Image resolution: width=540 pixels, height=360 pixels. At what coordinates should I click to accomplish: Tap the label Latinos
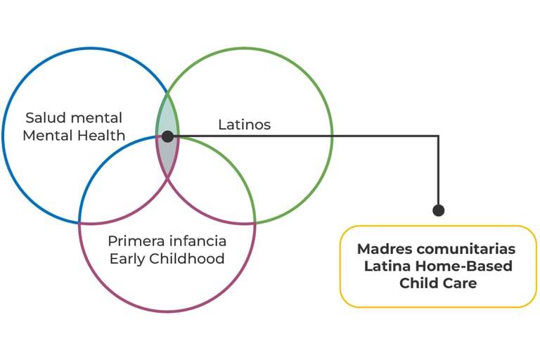[x=244, y=125]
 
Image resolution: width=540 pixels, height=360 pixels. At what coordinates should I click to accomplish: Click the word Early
[x=127, y=259]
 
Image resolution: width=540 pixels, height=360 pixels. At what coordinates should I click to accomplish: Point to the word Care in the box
[x=461, y=283]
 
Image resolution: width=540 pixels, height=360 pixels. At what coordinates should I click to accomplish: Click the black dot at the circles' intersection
[x=167, y=136]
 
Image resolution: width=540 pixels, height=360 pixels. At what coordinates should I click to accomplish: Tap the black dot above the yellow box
[x=438, y=210]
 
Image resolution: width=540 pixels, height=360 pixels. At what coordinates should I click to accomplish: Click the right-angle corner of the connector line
[x=438, y=136]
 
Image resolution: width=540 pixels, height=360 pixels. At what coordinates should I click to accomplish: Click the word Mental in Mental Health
[x=47, y=135]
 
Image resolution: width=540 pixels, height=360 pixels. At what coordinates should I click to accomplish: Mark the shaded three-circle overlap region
[x=167, y=151]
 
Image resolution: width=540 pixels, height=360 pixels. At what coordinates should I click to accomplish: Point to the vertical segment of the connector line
[x=438, y=172]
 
